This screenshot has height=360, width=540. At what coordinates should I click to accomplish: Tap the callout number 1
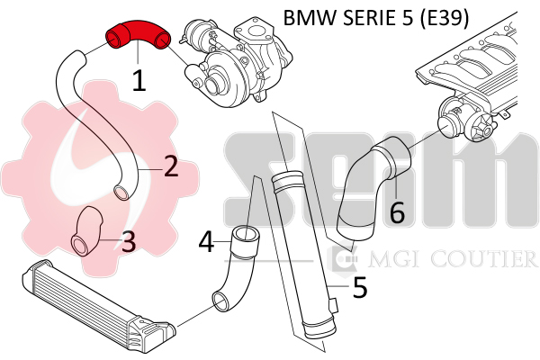coord(139,81)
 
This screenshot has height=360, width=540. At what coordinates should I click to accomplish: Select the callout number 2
coord(170,166)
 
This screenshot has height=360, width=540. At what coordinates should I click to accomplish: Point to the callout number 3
coord(128,240)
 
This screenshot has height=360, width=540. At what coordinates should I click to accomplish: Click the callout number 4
coord(207,242)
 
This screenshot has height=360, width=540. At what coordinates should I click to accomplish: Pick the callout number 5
coord(359,287)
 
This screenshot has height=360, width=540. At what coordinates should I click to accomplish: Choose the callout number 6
coord(396,212)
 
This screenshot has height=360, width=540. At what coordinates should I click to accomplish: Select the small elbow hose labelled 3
coord(87,230)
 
